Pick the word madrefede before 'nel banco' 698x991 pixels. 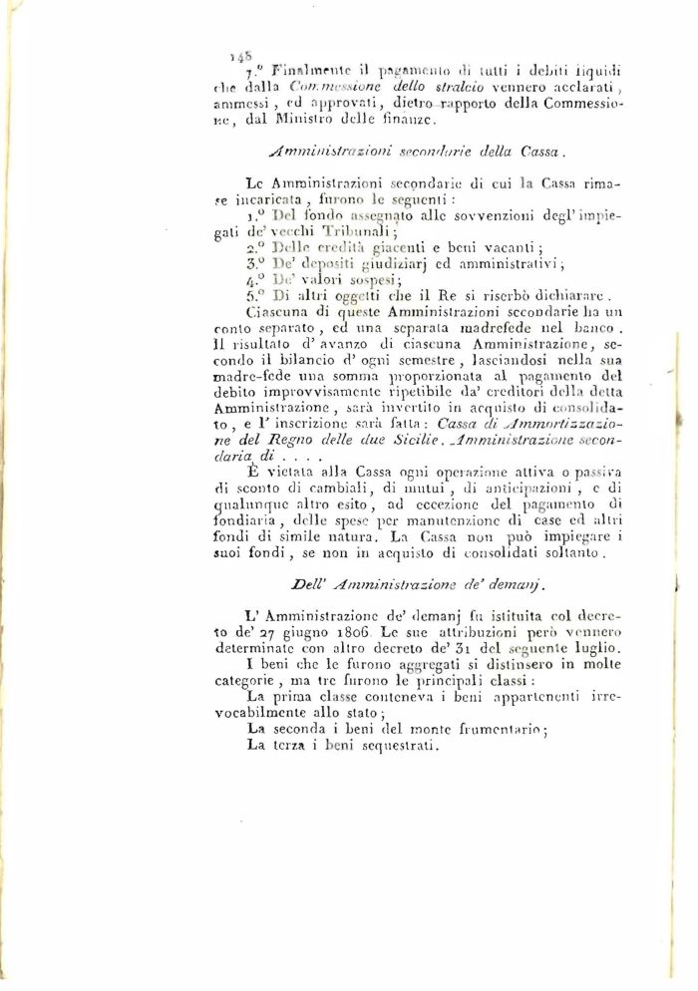[476, 329]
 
